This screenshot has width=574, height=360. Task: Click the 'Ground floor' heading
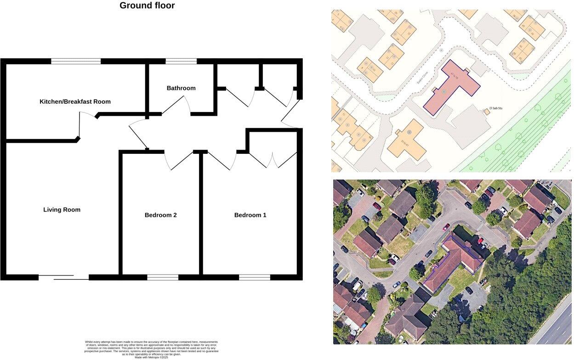(x=147, y=6)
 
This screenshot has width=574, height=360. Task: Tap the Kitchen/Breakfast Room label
(x=75, y=101)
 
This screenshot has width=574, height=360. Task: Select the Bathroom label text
(x=181, y=88)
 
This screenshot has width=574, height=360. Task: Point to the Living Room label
(x=62, y=210)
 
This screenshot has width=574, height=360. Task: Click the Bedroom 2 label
(x=160, y=215)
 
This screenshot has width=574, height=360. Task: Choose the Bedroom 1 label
(x=250, y=215)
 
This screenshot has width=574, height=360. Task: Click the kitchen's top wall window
(x=76, y=61)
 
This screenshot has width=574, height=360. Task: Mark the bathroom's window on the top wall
(x=181, y=61)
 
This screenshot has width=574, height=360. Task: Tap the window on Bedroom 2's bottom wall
(x=163, y=277)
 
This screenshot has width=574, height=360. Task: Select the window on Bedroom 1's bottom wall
(x=255, y=277)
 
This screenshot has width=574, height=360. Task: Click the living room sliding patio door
(x=63, y=277)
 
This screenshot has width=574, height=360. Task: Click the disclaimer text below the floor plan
(x=151, y=349)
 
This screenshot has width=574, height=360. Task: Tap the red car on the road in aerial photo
(x=446, y=227)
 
